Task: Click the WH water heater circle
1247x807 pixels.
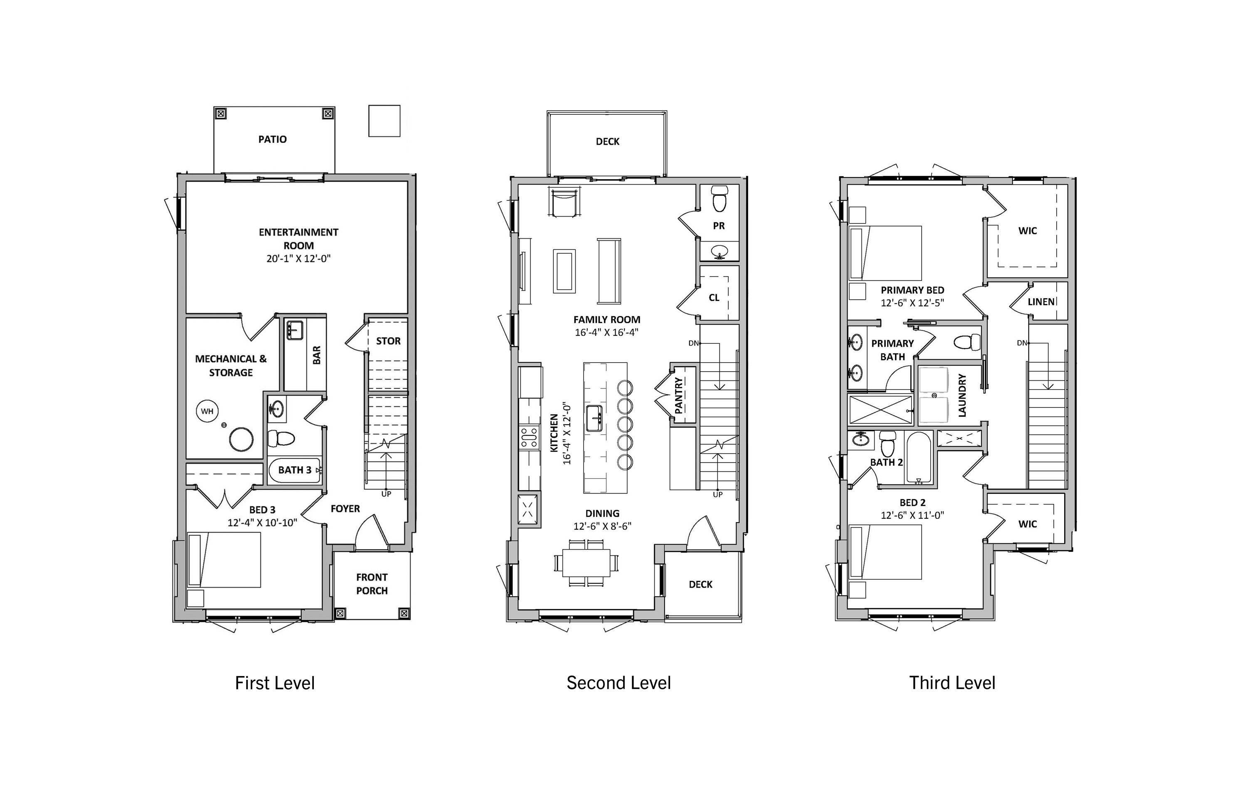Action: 207,411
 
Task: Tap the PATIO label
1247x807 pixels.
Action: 272,139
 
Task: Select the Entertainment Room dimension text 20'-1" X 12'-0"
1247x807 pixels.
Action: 298,258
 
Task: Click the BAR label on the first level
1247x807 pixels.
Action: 316,355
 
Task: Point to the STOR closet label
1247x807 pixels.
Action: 388,341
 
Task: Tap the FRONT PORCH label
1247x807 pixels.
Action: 372,584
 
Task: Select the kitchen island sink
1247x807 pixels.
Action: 594,418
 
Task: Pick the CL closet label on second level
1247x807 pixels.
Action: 714,298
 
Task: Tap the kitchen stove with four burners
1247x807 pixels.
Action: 529,437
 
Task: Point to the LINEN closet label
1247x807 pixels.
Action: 1041,302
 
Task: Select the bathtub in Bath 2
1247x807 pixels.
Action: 919,457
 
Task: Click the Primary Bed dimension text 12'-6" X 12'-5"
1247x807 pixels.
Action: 912,303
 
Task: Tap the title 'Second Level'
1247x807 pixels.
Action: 619,683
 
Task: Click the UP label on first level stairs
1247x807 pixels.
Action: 386,494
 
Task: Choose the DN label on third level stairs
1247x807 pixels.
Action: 1022,343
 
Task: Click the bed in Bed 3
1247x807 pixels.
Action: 224,560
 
